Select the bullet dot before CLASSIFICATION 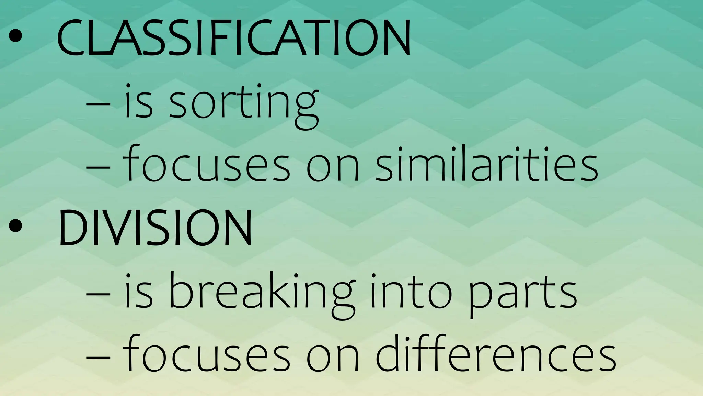click(15, 36)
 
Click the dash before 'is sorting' click(98, 103)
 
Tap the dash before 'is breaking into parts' click(98, 294)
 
